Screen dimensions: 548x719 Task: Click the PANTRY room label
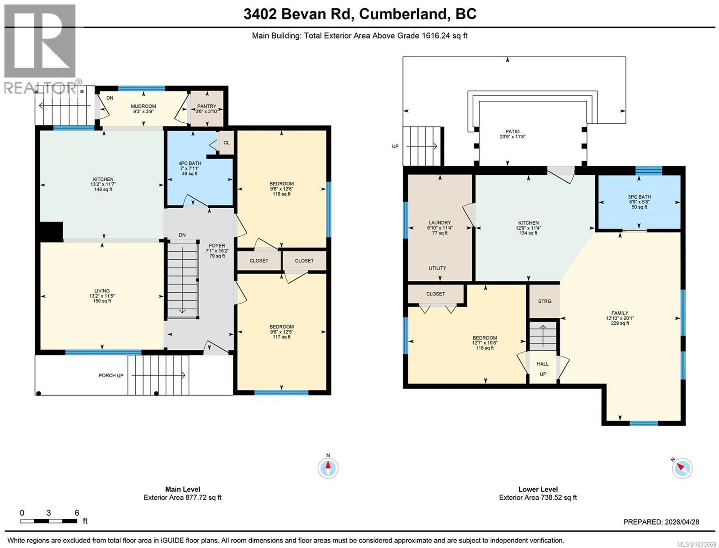[206, 106]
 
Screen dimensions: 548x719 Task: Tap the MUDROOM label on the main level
[143, 106]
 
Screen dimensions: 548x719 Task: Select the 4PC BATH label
[190, 163]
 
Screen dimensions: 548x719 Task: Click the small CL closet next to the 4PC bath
[227, 143]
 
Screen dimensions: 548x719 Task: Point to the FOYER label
[217, 246]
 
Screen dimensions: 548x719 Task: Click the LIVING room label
[102, 291]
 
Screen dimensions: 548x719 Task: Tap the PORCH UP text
[111, 376]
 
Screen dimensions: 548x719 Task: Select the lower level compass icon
[682, 468]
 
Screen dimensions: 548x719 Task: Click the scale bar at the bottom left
[49, 521]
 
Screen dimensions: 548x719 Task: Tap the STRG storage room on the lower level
[545, 301]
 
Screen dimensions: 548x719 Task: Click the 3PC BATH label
[639, 197]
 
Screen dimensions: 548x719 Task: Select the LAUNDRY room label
[439, 223]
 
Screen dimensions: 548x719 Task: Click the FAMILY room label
[620, 313]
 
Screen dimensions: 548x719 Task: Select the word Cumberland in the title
[403, 14]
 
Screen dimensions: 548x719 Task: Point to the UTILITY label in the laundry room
[437, 268]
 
